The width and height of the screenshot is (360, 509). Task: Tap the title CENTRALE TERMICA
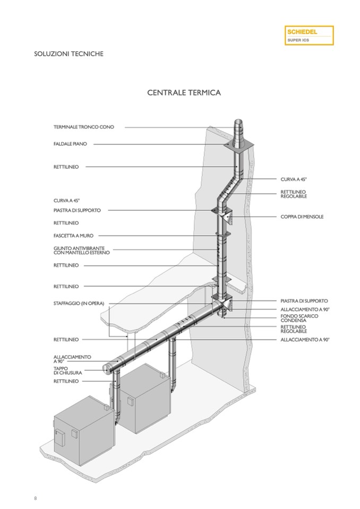[x=184, y=93]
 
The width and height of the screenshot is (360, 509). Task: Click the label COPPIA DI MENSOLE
[x=302, y=217]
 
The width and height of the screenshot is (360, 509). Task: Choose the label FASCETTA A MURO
[x=73, y=236]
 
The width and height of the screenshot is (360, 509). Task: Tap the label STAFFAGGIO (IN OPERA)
[x=79, y=303]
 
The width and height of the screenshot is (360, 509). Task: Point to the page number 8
[x=35, y=498]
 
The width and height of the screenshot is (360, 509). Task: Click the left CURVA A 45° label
[x=66, y=201]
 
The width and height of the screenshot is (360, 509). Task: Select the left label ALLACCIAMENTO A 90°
[x=72, y=359]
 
